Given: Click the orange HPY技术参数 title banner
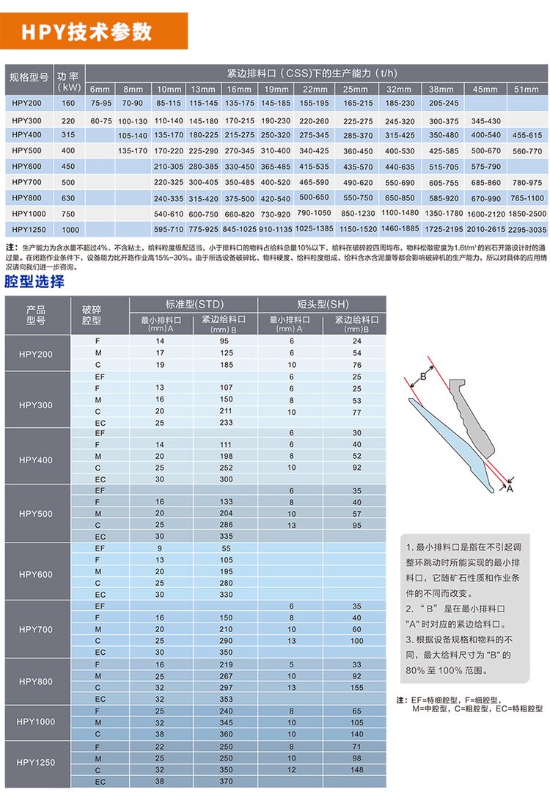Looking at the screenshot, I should click(95, 32).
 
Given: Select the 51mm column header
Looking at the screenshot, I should click(526, 89).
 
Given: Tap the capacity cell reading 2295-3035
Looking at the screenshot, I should click(527, 229).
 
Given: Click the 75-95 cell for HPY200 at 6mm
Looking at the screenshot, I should click(100, 104).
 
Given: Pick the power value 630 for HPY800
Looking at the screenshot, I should click(68, 197).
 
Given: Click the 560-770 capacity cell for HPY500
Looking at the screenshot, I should click(527, 150).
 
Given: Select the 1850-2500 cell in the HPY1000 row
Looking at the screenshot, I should click(527, 213).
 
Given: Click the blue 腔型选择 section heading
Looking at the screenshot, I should click(34, 282).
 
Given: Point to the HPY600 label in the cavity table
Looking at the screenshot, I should click(36, 574).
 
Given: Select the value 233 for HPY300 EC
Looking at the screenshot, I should click(226, 422).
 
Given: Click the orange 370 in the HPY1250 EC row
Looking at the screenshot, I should click(226, 782).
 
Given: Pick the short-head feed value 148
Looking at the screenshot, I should click(356, 770).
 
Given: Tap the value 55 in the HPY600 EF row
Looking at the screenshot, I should click(226, 548).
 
